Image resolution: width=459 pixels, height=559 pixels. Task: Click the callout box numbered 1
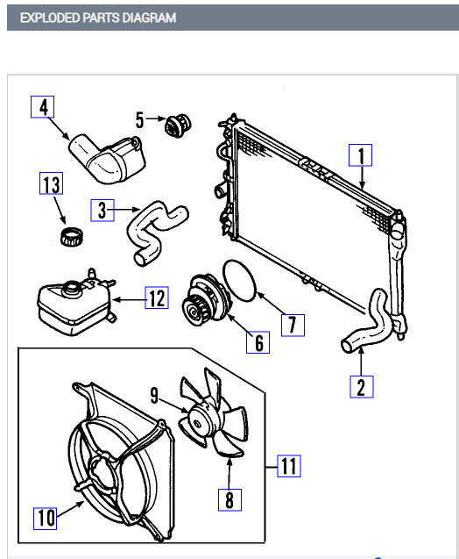click(360, 156)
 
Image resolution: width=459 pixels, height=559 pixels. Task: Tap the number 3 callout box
click(103, 210)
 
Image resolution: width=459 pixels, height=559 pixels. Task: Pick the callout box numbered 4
click(43, 107)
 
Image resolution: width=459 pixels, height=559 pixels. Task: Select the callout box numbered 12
click(156, 299)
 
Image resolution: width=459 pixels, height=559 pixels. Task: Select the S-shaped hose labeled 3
click(154, 230)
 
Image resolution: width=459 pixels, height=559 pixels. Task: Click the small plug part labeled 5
click(180, 125)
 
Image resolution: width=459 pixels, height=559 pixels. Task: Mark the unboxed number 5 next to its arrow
click(139, 118)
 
